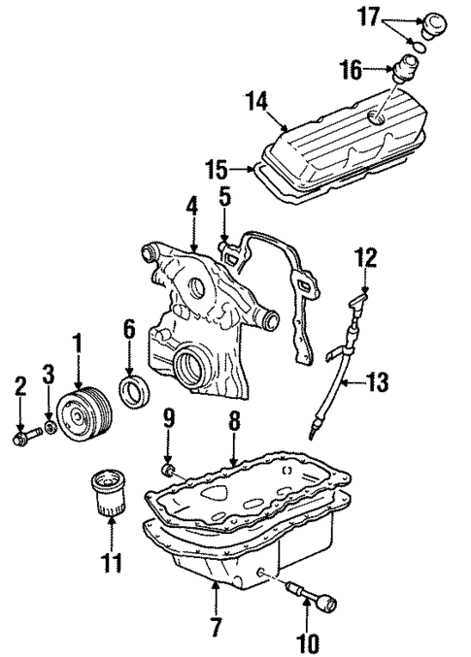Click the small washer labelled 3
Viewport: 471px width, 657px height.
[x=49, y=425]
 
